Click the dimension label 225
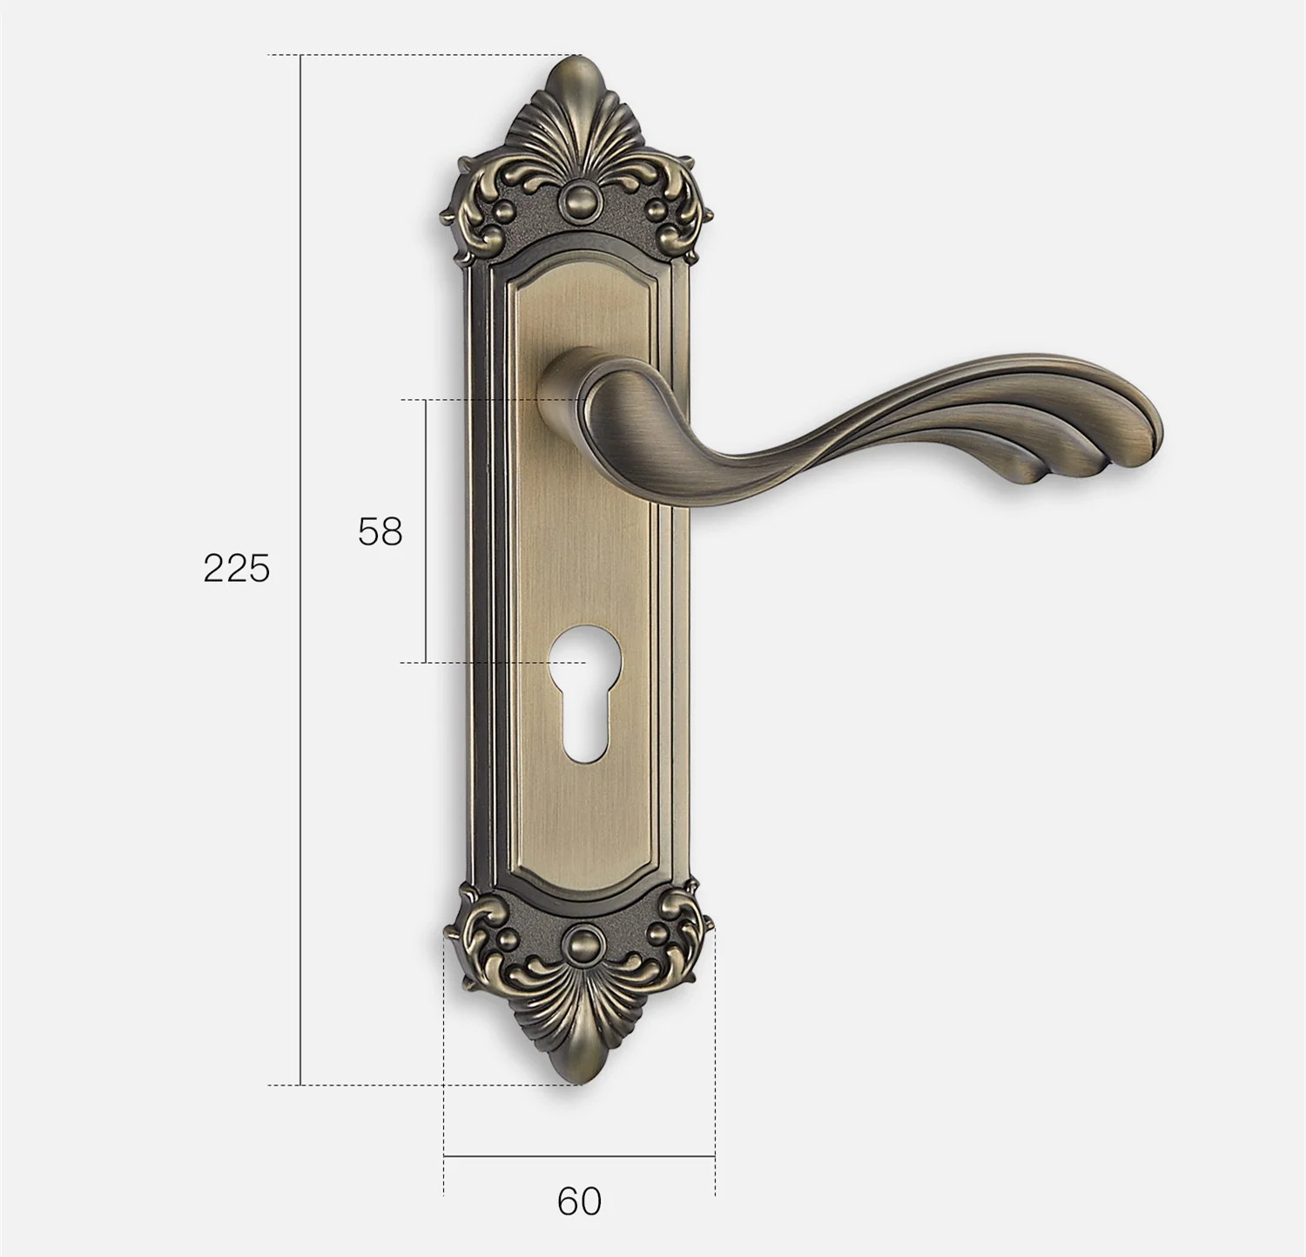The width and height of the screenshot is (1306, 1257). click(x=237, y=569)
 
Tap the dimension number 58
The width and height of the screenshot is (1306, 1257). click(x=380, y=531)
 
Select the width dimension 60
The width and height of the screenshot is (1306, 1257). click(x=579, y=1201)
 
